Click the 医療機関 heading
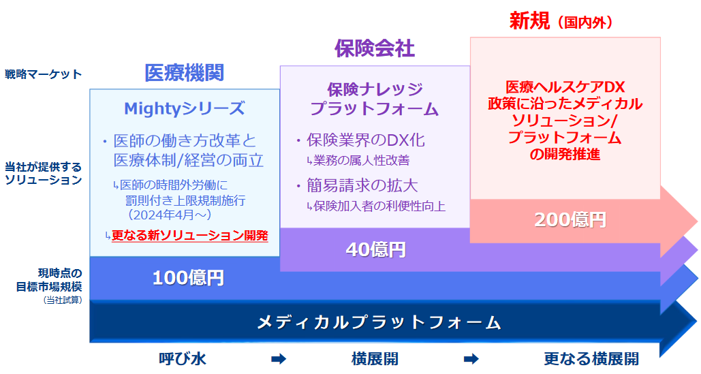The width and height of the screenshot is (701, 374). point(184,73)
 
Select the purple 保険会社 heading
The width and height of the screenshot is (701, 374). point(375,48)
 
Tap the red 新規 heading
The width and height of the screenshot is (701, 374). point(530,21)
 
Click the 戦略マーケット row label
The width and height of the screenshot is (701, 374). point(44,74)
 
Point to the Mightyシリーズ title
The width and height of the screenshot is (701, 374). point(184,108)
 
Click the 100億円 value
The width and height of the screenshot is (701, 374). point(188,278)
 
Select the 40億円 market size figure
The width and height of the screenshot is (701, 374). point(376,250)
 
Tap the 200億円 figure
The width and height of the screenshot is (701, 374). point(570,220)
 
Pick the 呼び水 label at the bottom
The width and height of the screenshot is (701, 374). point(183,359)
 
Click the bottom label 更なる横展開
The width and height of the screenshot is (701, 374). point(591,359)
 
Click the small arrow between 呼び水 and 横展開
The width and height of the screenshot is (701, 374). point(279,359)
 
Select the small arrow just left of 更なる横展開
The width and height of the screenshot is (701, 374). point(471,359)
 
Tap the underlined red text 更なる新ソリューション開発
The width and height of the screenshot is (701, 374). point(189,236)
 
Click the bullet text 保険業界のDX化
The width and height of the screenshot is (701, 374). point(366,140)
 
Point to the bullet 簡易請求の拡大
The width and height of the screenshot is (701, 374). point(362,186)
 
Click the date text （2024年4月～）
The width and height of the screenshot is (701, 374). point(170,215)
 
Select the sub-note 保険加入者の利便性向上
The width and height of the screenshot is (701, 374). point(379,206)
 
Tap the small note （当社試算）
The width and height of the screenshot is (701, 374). point(63,300)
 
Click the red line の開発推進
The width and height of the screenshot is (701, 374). point(565,155)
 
